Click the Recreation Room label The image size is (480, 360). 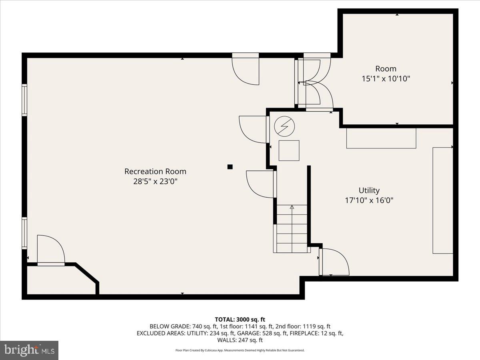tap(155, 172)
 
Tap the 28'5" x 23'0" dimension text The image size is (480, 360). tap(155, 182)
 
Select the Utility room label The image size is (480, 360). tap(369, 190)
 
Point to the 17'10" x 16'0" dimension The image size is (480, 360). tap(369, 200)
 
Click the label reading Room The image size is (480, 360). tap(386, 69)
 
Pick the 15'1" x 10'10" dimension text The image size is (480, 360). tap(386, 79)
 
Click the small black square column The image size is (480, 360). tap(230, 167)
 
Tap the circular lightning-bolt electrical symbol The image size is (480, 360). tap(284, 126)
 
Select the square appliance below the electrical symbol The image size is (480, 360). tap(289, 150)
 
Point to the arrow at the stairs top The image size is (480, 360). tap(292, 207)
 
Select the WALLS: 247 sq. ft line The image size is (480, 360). tap(240, 340)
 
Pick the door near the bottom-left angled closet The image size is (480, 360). tap(51, 250)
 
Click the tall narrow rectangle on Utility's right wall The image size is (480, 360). tap(443, 200)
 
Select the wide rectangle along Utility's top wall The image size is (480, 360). tap(381, 138)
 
